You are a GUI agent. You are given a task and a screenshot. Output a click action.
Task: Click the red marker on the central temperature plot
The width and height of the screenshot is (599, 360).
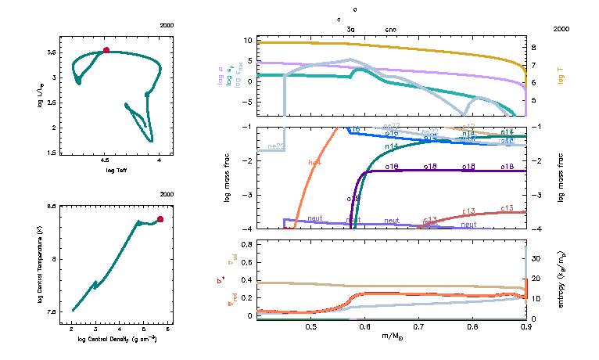[160, 219]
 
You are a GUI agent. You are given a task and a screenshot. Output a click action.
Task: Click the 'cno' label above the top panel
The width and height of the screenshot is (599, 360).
[391, 29]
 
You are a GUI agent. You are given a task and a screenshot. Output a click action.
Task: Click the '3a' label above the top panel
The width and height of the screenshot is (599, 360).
[351, 29]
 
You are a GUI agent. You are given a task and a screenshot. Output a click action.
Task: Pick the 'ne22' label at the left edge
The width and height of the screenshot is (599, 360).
[275, 146]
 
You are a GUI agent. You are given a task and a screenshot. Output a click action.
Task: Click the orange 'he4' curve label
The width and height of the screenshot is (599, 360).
[315, 163]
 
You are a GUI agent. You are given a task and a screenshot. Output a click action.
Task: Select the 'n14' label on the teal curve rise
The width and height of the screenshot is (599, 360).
[392, 146]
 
